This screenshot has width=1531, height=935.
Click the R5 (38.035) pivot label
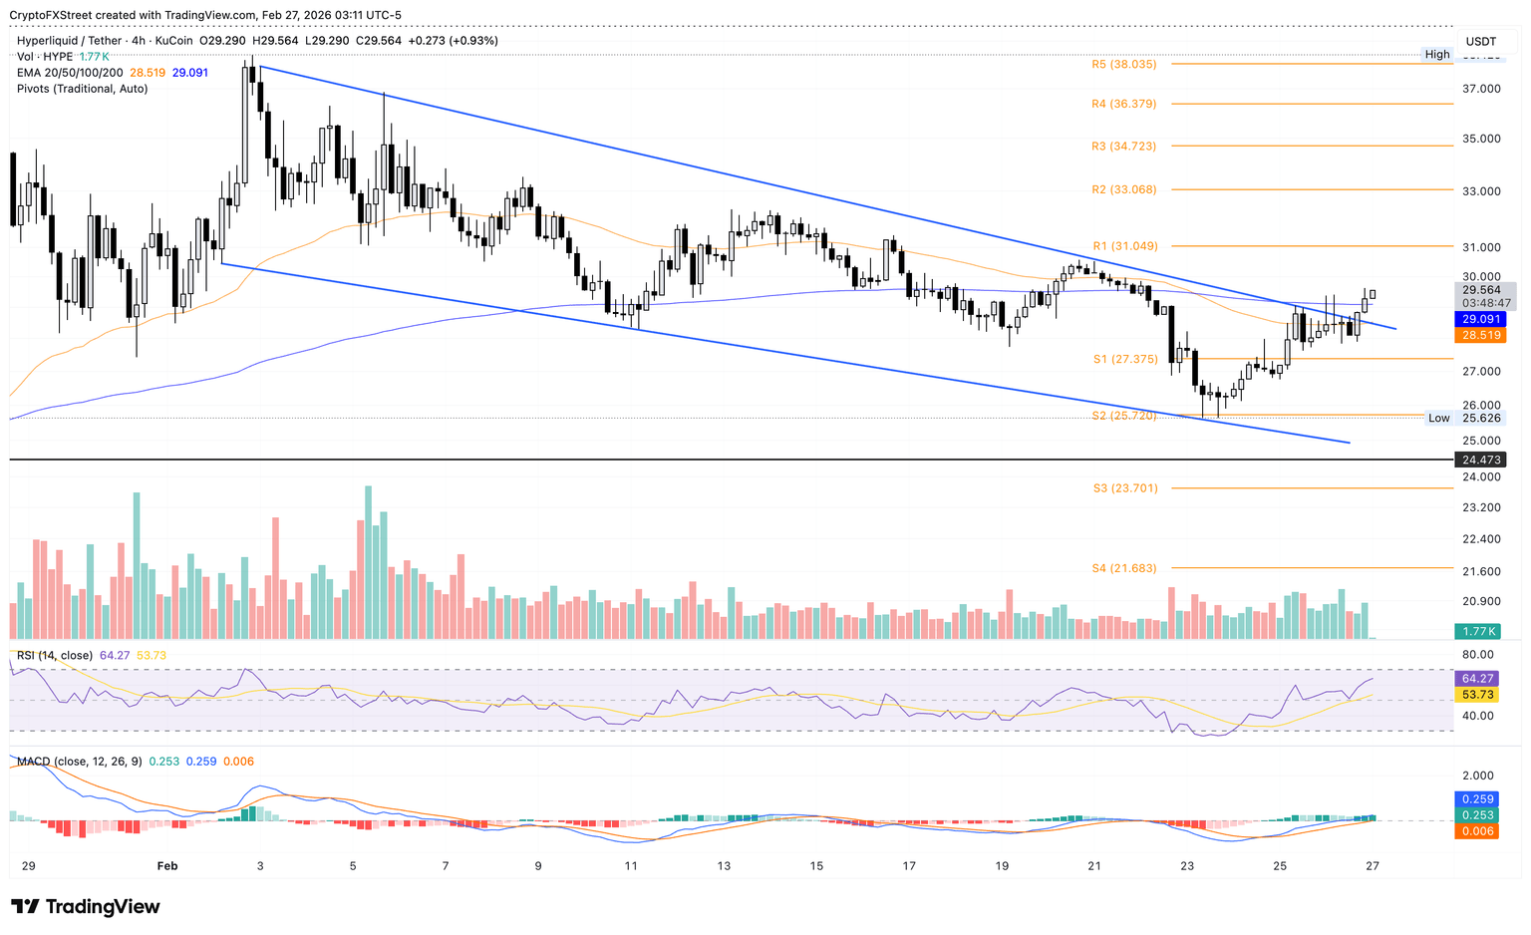point(1123,64)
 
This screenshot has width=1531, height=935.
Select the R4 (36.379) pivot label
point(1123,104)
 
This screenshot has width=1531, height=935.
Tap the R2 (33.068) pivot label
point(1123,189)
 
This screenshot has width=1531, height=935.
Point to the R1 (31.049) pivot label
point(1123,246)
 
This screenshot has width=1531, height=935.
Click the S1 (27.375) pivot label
point(1123,358)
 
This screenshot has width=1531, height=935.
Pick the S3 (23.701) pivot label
point(1125,488)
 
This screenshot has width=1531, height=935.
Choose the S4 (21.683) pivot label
point(1124,568)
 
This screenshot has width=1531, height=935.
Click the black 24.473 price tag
point(1481,460)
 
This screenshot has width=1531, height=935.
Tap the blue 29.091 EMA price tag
point(1481,319)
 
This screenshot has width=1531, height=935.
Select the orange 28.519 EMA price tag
point(1481,336)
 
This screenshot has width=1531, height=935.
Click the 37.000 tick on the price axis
point(1481,89)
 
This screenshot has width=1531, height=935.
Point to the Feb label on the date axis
point(167,866)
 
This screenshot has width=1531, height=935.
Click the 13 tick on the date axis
point(724,866)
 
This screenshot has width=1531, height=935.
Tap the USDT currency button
point(1481,41)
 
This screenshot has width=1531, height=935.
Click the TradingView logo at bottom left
point(86,907)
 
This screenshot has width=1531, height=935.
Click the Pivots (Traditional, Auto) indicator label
point(83,89)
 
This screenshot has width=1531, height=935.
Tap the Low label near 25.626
point(1438,419)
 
